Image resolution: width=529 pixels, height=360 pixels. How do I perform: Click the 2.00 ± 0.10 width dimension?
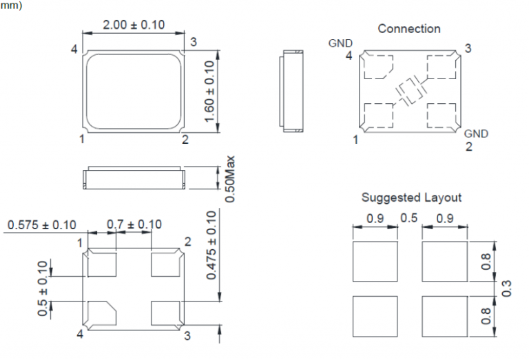click(x=134, y=25)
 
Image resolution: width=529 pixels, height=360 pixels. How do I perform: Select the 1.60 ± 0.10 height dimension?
click(x=209, y=92)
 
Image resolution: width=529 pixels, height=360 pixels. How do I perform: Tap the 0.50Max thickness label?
click(x=230, y=179)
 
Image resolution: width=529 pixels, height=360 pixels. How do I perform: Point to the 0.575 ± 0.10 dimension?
click(x=42, y=225)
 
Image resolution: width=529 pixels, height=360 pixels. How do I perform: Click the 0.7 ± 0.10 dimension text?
click(x=134, y=224)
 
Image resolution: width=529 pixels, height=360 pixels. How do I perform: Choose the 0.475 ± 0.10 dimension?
click(x=211, y=246)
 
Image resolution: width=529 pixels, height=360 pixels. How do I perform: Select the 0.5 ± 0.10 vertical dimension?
click(x=43, y=288)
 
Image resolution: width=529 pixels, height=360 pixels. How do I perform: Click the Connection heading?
click(x=409, y=29)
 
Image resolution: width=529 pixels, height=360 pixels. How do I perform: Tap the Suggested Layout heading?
click(x=411, y=198)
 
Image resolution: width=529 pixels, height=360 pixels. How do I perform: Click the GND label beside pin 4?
click(x=340, y=43)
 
